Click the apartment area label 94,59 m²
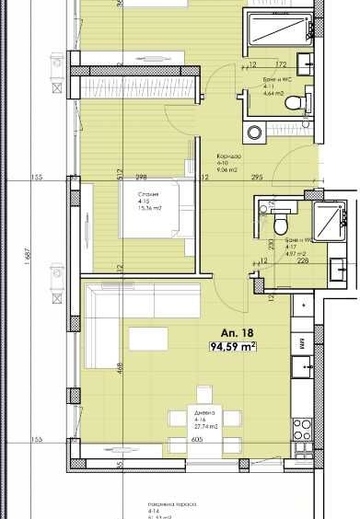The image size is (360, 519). click(x=232, y=346)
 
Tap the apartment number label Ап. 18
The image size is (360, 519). click(x=230, y=332)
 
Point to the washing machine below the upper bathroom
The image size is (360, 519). click(x=253, y=130)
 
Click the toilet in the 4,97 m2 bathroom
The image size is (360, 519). click(x=281, y=222)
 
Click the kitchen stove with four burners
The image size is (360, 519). click(x=303, y=429)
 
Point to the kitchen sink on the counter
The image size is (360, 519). click(x=303, y=366)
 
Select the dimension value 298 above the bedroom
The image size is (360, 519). click(x=141, y=177)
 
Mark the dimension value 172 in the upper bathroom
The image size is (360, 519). click(x=283, y=64)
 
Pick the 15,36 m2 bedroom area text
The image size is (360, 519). click(x=149, y=208)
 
